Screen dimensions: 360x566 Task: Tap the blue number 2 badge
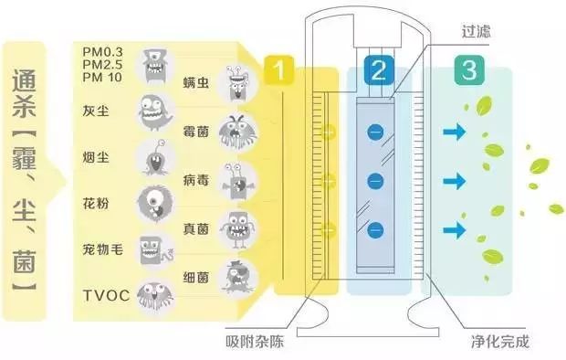click(x=377, y=69)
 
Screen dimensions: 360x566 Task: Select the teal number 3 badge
click(x=470, y=69)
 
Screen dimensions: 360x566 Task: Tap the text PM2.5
click(x=101, y=66)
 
